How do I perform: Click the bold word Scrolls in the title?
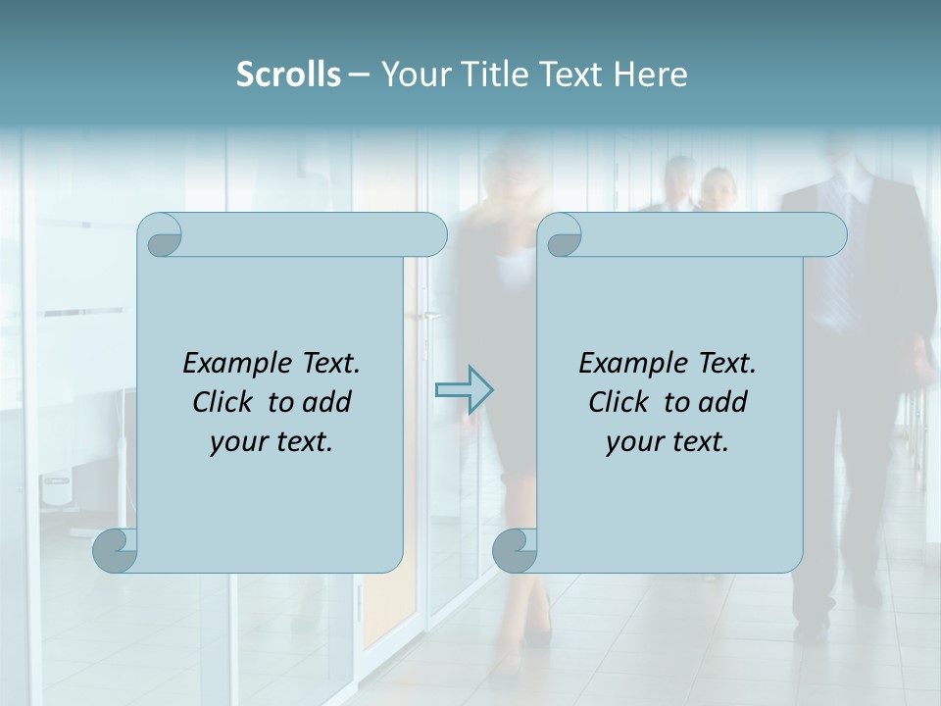click(288, 75)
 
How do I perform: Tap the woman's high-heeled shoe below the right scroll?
click(538, 628)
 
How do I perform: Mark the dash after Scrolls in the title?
click(359, 75)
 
